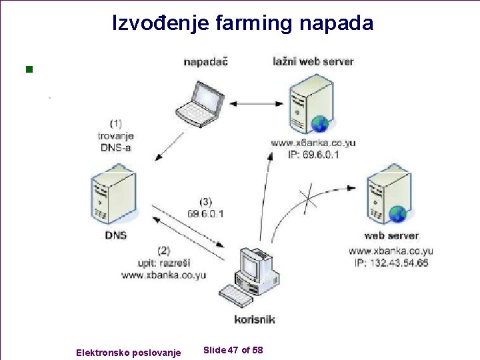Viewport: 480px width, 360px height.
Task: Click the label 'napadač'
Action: point(206,62)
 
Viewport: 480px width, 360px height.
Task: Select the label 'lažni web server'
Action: point(313,61)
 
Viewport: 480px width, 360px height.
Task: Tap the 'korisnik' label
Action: point(255,319)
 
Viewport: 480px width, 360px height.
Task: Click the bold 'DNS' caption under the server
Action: point(115,235)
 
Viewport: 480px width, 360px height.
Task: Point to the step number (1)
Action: point(115,123)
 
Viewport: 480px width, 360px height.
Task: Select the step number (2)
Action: point(163,251)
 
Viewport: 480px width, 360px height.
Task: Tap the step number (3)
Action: point(206,201)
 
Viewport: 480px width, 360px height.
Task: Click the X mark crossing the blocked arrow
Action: point(308,198)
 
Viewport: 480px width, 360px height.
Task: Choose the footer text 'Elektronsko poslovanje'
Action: point(128,352)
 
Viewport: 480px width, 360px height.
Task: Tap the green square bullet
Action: point(28,69)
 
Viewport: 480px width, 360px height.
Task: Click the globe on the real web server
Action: point(398,214)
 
